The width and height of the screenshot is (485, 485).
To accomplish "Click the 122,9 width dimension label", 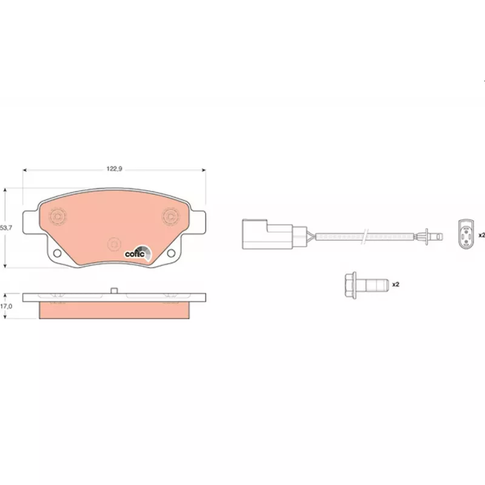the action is click(115, 169).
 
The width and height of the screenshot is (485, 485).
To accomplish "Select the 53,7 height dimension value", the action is click(6, 228).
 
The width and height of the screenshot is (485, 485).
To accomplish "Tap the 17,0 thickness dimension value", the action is click(6, 306).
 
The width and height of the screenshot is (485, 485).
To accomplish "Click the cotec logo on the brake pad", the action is click(138, 253).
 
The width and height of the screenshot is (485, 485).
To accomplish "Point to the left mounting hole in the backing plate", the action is click(57, 253).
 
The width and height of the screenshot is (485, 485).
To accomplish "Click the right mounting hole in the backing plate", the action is click(171, 253).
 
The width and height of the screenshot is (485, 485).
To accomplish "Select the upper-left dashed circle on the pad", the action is click(58, 216).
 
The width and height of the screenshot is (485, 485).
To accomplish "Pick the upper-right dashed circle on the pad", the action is click(171, 216).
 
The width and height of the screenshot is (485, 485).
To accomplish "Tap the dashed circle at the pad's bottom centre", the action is click(114, 244).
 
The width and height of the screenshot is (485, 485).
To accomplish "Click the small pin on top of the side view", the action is click(114, 290).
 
